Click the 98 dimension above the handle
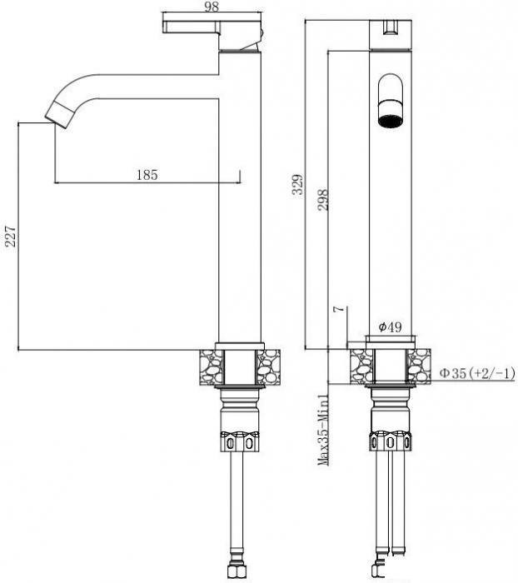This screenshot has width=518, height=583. point(212,7)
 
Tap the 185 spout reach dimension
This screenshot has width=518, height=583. point(147,175)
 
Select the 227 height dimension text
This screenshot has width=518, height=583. point(11,236)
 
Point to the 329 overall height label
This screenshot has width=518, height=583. point(298,185)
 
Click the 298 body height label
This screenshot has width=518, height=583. point(323,200)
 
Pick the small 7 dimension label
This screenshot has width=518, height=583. point(337,309)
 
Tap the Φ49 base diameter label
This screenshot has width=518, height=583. point(390,326)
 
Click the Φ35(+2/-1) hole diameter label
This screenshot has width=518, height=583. point(477,373)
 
